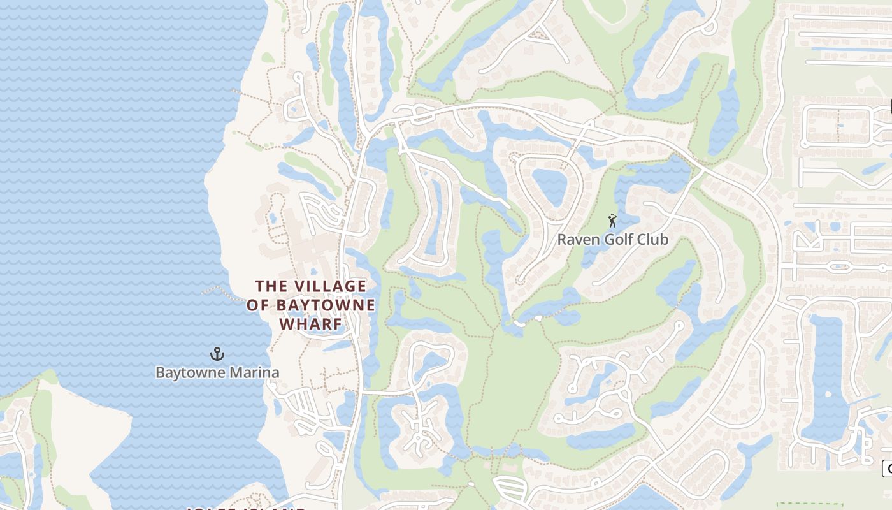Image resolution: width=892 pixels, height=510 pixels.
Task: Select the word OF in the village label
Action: pyautogui.click(x=258, y=305)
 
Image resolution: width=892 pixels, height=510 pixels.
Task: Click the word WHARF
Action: pyautogui.click(x=310, y=324)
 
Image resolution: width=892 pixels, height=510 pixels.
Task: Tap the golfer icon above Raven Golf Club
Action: pyautogui.click(x=612, y=221)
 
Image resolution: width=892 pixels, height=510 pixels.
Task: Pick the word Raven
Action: pyautogui.click(x=575, y=240)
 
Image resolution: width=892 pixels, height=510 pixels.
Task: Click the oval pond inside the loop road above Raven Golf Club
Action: pyautogui.click(x=550, y=186)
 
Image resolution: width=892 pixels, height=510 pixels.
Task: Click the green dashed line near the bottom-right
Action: pyautogui.click(x=809, y=504)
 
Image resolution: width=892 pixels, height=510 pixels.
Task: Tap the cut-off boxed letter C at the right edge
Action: pyautogui.click(x=888, y=469)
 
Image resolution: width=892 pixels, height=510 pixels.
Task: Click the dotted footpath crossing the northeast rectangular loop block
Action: pyautogui.click(x=837, y=125)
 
